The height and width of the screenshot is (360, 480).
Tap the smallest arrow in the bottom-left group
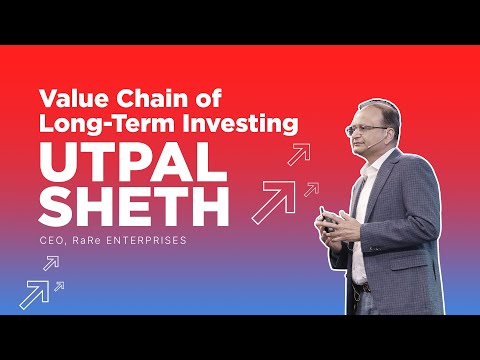[59, 286]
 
